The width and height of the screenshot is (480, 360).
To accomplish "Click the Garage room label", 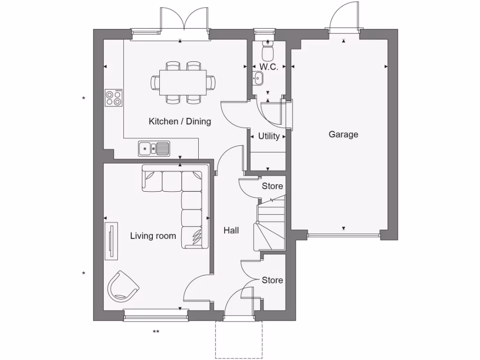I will point(343,135).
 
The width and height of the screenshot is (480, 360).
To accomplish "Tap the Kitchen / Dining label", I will point(180,121).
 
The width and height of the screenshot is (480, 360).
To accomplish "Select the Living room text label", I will point(153,235).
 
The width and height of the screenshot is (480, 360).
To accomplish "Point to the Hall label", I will point(231,230).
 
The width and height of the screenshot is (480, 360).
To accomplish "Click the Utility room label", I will point(269,136).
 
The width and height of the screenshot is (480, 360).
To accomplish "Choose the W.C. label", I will point(269,67).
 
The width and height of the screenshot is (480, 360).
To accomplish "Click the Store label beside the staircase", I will point(272,186).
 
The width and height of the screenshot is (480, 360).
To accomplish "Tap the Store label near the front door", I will point(272,280).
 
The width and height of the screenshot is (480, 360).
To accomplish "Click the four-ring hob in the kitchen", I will point(113,97).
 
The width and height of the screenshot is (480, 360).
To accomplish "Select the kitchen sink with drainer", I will point(154,149).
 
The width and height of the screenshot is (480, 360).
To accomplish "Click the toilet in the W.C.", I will point(267,49).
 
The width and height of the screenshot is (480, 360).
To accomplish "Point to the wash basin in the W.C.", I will point(258,79).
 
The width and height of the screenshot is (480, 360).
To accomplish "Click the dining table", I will point(183,82).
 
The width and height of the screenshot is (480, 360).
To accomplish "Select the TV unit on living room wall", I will point(111,241).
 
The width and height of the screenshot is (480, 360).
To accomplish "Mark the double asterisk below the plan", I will point(156,332).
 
